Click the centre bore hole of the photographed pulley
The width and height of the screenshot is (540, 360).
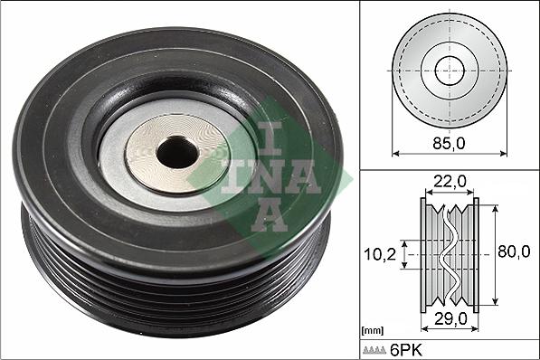tap(176, 154)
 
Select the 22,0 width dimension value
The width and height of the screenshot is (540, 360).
tap(450, 182)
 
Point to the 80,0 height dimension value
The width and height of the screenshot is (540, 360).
tap(514, 253)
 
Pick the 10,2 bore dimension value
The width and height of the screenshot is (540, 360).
tap(381, 255)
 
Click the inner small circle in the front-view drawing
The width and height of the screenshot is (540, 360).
tap(450, 71)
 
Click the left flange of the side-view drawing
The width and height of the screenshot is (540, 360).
tap(426, 254)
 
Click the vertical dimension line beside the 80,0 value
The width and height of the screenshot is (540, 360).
tap(495, 254)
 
